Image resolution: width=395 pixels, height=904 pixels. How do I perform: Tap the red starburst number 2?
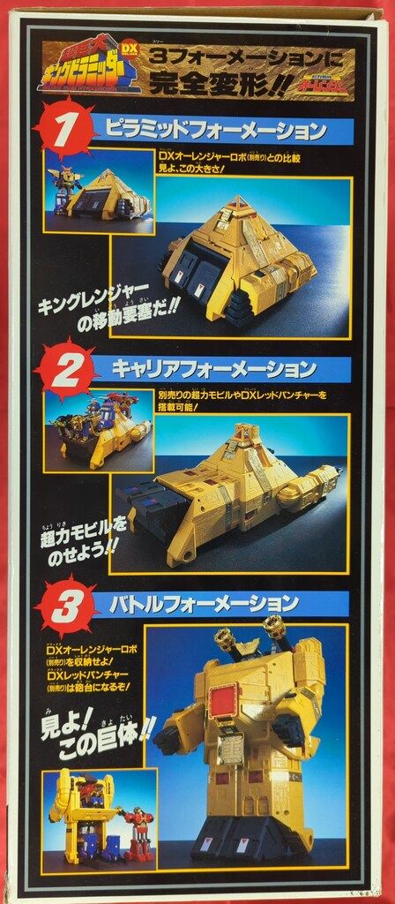(63, 369)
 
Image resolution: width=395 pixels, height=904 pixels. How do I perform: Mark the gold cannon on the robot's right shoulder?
(277, 632)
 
